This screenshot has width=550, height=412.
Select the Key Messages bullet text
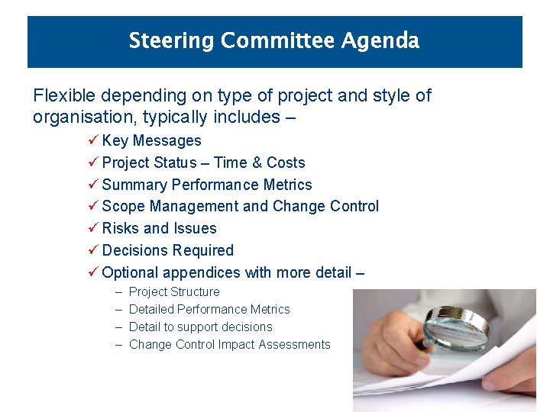151,140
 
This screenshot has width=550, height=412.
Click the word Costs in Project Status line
286,163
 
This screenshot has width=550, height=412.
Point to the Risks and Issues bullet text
159,228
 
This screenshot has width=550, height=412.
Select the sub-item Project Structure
174,292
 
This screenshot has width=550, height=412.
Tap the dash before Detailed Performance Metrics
118,310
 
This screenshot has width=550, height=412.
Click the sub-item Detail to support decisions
200,327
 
